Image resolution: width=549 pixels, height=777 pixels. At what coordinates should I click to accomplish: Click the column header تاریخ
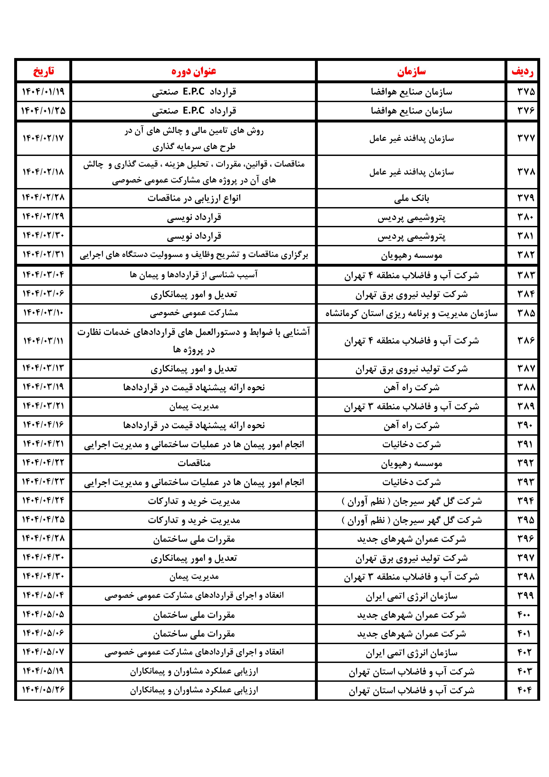tap(43, 71)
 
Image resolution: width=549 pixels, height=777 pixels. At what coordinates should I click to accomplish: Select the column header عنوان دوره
tap(194, 71)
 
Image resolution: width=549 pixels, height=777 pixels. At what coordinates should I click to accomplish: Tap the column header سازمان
tap(411, 71)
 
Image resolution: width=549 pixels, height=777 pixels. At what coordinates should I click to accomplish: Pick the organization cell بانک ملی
tap(411, 198)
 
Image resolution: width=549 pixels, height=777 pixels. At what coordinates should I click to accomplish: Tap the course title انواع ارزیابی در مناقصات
tap(194, 198)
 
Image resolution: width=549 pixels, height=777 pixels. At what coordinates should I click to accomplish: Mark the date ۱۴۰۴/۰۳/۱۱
tap(43, 341)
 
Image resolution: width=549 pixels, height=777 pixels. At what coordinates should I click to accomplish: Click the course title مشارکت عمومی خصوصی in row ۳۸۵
tap(194, 313)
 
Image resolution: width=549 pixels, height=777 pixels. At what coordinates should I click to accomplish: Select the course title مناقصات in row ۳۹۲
tap(194, 463)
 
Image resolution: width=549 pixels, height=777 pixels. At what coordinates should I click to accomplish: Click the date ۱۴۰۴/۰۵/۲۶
tap(43, 690)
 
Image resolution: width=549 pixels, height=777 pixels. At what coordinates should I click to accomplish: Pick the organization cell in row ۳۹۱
tap(411, 444)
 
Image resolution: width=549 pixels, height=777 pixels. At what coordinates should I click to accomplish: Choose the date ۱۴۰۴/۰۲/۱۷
tap(43, 138)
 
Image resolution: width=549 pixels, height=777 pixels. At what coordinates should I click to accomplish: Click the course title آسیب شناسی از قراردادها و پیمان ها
tap(194, 275)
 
